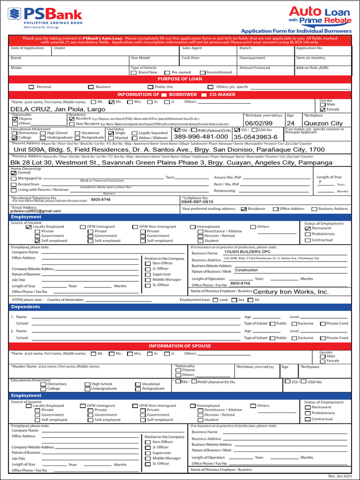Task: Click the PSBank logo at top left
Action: pos(45,17)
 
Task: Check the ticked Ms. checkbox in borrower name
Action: pos(112,102)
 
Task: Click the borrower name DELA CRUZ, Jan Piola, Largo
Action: pos(58,109)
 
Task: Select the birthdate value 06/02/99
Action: pos(258,123)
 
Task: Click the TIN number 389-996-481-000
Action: pos(201,136)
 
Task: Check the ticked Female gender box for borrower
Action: pos(322,110)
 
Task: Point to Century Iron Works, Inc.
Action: pos(291,292)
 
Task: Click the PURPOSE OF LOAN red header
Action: pos(180,79)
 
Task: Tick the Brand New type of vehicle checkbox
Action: pos(134,73)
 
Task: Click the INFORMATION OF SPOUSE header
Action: pos(180,346)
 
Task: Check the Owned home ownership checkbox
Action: pos(13,173)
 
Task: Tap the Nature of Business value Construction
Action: pos(247,270)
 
